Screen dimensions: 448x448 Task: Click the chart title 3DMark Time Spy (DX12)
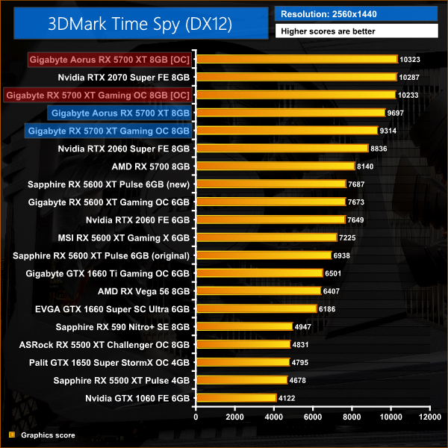[x=137, y=24]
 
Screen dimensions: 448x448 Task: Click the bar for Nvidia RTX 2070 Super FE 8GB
[x=296, y=77]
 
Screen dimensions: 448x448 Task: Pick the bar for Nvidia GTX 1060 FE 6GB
[x=236, y=398]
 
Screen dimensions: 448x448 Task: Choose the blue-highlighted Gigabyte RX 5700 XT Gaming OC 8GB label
[x=109, y=131]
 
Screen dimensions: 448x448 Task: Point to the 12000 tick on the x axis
[x=429, y=416]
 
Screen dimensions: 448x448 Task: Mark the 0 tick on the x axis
[x=196, y=416]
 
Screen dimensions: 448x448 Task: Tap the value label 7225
[x=352, y=237]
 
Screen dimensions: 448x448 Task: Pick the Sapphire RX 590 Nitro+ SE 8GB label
[x=123, y=326]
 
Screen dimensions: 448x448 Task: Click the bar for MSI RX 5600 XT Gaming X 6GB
[x=266, y=237]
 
